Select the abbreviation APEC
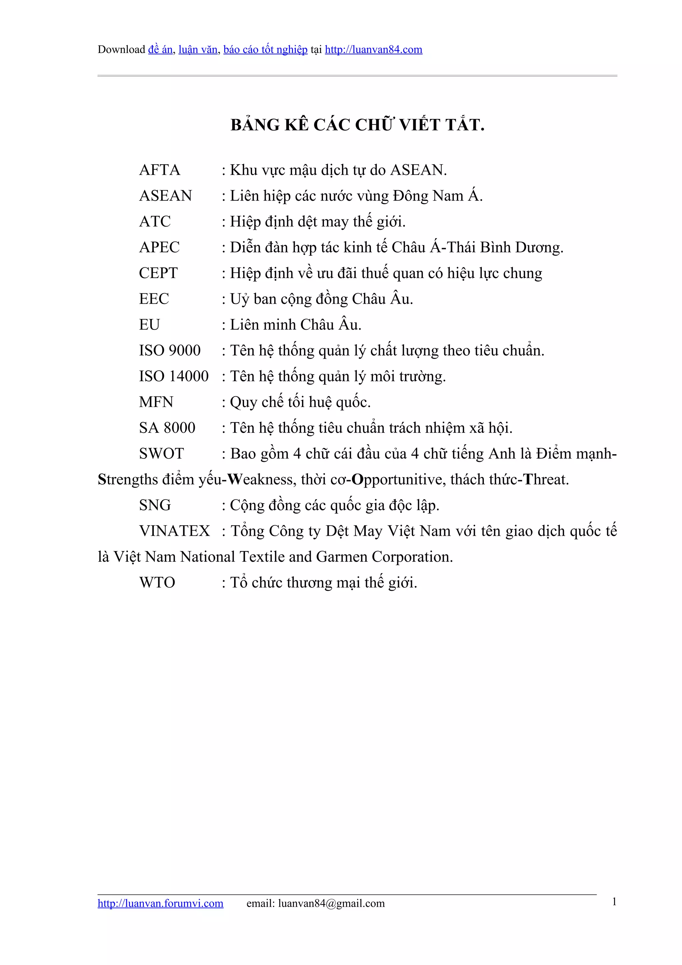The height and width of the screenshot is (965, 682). (159, 247)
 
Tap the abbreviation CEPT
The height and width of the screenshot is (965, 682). (159, 273)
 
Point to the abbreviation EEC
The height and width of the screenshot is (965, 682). (154, 299)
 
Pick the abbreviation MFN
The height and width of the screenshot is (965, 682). (156, 402)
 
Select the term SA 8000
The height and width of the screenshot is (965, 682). (167, 428)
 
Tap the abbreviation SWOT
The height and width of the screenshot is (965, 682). (162, 454)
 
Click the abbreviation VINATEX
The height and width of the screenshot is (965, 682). (174, 531)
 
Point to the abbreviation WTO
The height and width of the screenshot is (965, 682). (157, 582)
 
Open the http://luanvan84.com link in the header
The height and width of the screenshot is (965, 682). (373, 50)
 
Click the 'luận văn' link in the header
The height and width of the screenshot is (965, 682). (197, 50)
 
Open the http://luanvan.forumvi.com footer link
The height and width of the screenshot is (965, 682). (161, 903)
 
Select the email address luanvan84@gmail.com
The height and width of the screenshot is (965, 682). (331, 903)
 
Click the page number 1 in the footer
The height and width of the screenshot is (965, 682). (614, 901)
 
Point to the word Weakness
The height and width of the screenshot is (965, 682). (262, 480)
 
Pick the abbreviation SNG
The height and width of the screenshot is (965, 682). (155, 505)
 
